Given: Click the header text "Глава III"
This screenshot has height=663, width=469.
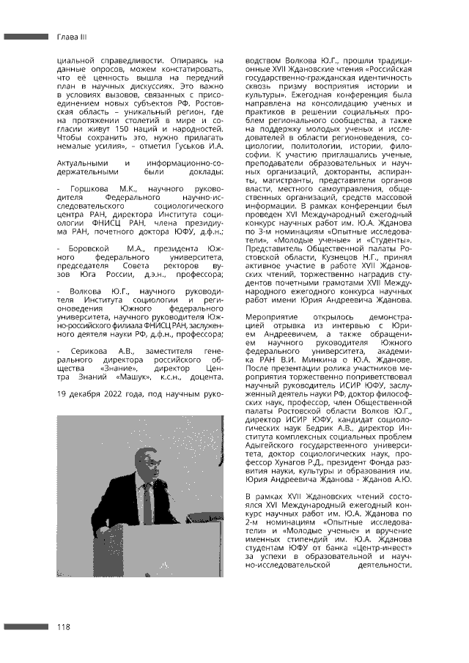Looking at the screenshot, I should [x=72, y=36].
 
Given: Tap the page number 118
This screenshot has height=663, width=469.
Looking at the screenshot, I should [x=64, y=626].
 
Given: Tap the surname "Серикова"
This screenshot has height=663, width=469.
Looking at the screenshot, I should [x=89, y=352].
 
